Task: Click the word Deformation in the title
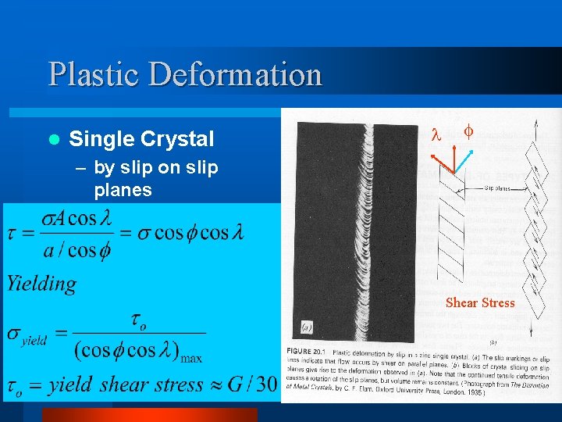tap(235, 75)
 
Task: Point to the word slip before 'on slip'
tap(134, 168)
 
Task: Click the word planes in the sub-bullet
tap(123, 190)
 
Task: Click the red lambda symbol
tap(436, 135)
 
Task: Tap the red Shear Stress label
tap(480, 303)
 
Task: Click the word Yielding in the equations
tap(42, 284)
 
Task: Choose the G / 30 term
tap(253, 384)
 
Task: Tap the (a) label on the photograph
tap(308, 327)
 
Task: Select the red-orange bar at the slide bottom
tap(148, 414)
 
